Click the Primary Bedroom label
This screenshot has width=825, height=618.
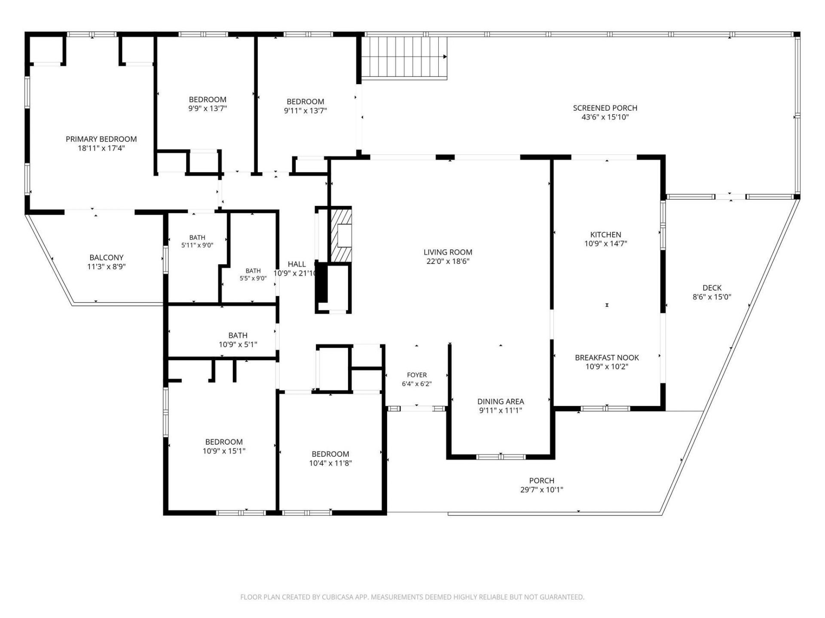(x=101, y=139)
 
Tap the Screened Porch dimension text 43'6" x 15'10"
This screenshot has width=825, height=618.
(x=605, y=117)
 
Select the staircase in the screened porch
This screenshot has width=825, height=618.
(x=404, y=58)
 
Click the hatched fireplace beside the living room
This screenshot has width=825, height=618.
(x=341, y=235)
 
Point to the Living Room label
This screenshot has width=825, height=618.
(x=448, y=252)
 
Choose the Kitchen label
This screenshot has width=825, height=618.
(x=605, y=235)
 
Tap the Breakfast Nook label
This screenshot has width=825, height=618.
(x=607, y=357)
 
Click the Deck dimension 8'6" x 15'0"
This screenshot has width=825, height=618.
(x=712, y=297)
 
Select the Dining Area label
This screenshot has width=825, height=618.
(x=501, y=402)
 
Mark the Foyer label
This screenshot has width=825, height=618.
(x=417, y=375)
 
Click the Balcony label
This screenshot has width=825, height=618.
(x=107, y=257)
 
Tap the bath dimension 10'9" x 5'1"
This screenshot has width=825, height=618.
(x=238, y=344)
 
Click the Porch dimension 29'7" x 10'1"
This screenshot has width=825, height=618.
(x=542, y=490)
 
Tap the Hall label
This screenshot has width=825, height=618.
(x=296, y=264)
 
